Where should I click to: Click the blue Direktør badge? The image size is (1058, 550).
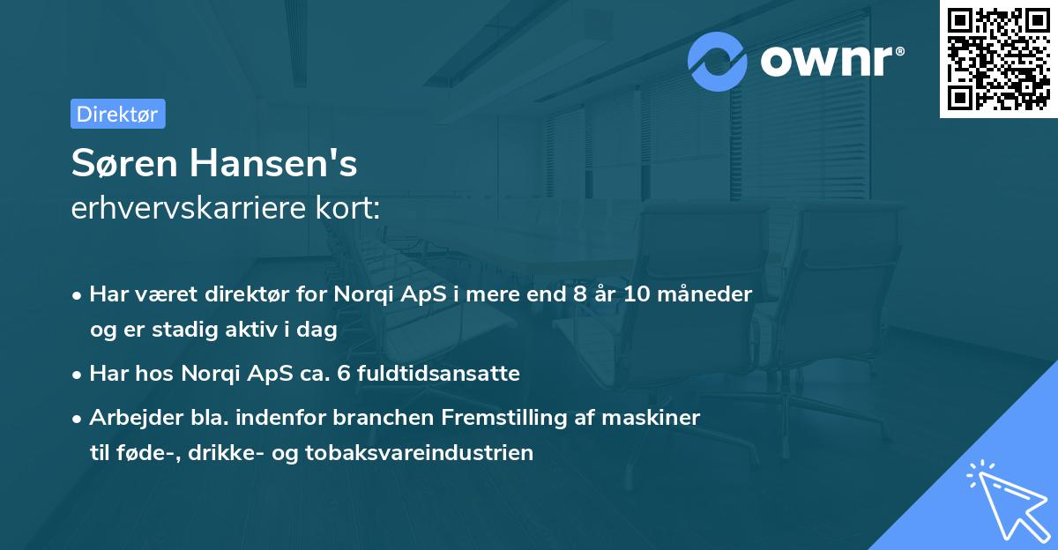pos(117,114)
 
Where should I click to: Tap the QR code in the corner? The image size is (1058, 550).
pos(998,59)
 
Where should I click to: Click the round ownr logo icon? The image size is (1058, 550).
pos(718,61)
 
